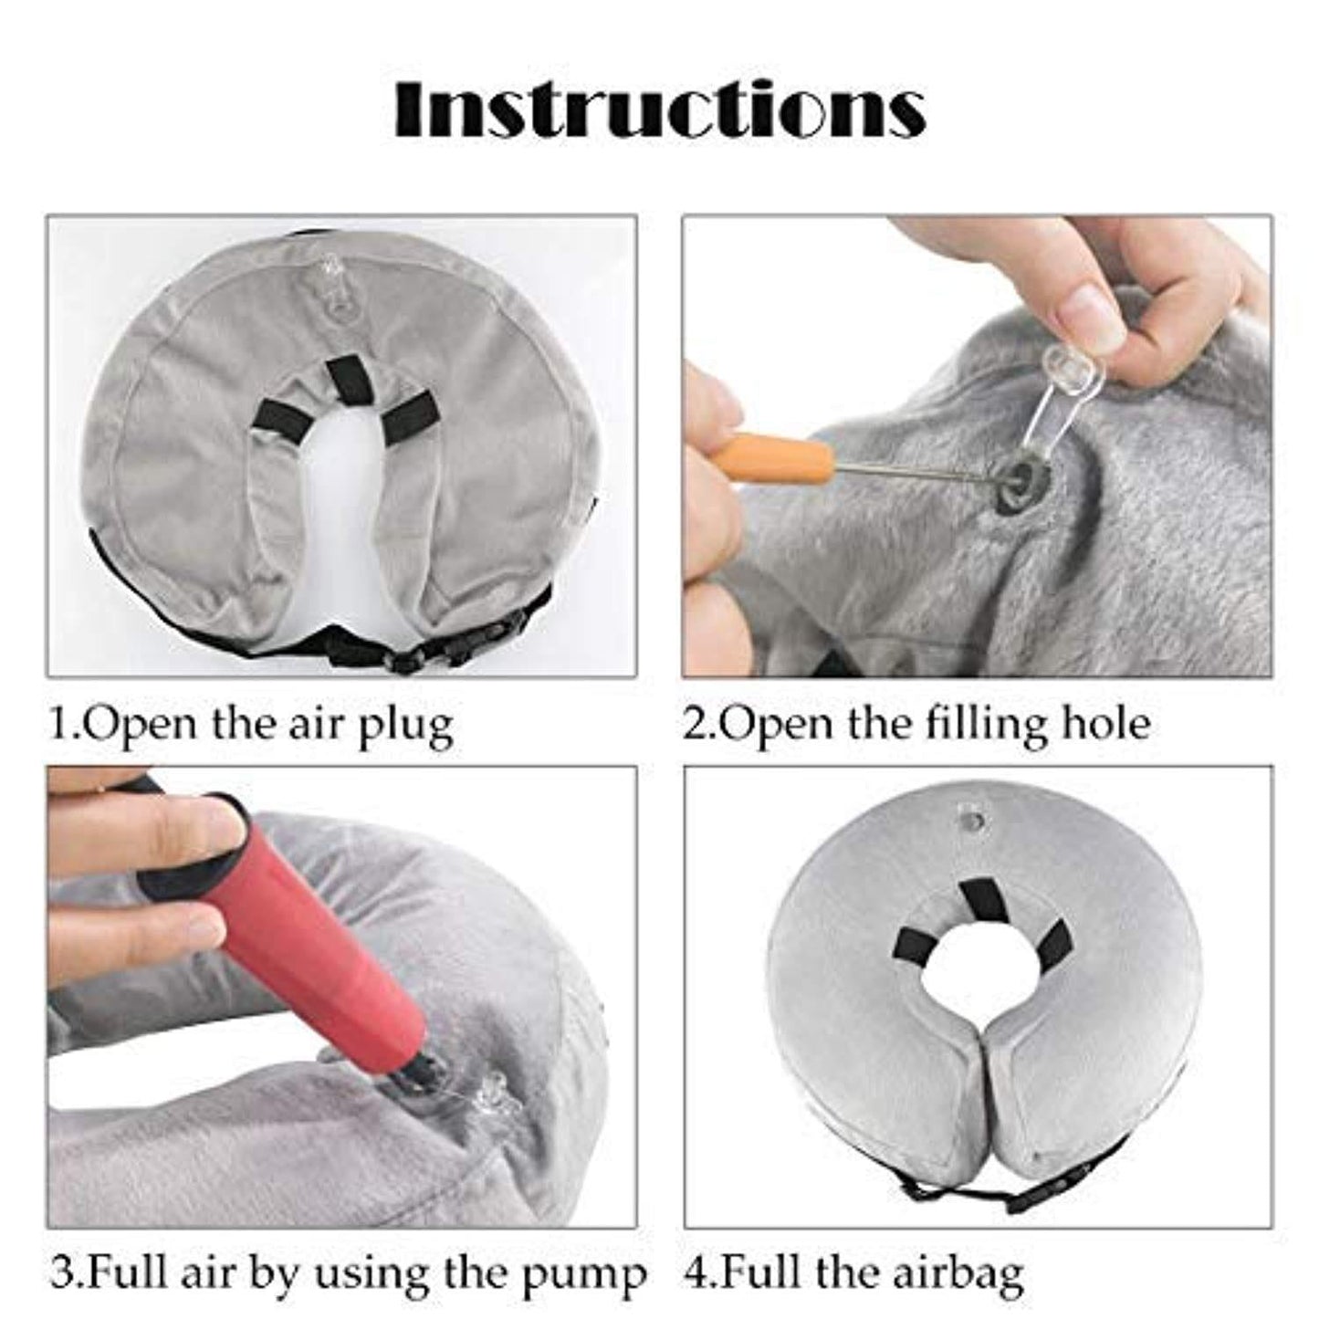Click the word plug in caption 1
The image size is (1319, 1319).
[x=410, y=725]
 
